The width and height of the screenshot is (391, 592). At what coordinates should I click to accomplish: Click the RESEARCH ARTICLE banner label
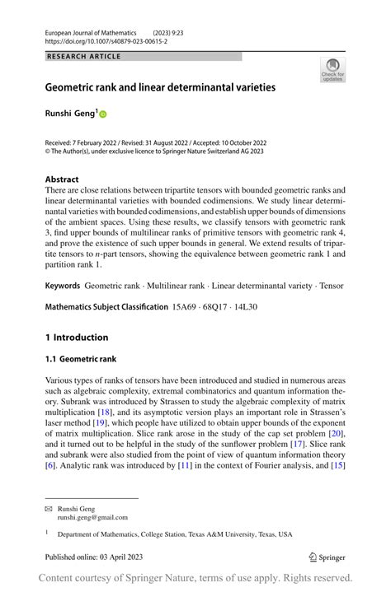click(x=84, y=56)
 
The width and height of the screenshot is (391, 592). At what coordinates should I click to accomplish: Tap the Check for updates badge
click(x=332, y=70)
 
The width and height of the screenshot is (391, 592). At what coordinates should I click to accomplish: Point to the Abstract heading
click(x=62, y=179)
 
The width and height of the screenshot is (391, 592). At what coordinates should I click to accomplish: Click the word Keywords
click(x=63, y=285)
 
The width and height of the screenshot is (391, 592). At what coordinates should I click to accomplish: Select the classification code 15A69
click(x=186, y=307)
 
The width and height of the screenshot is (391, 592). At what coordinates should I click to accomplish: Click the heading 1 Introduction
click(x=77, y=337)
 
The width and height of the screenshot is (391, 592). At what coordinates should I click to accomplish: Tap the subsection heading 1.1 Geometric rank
click(x=80, y=359)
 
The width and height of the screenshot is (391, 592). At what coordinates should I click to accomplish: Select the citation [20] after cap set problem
click(x=334, y=432)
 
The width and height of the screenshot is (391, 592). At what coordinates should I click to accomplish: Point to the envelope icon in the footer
click(x=48, y=510)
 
